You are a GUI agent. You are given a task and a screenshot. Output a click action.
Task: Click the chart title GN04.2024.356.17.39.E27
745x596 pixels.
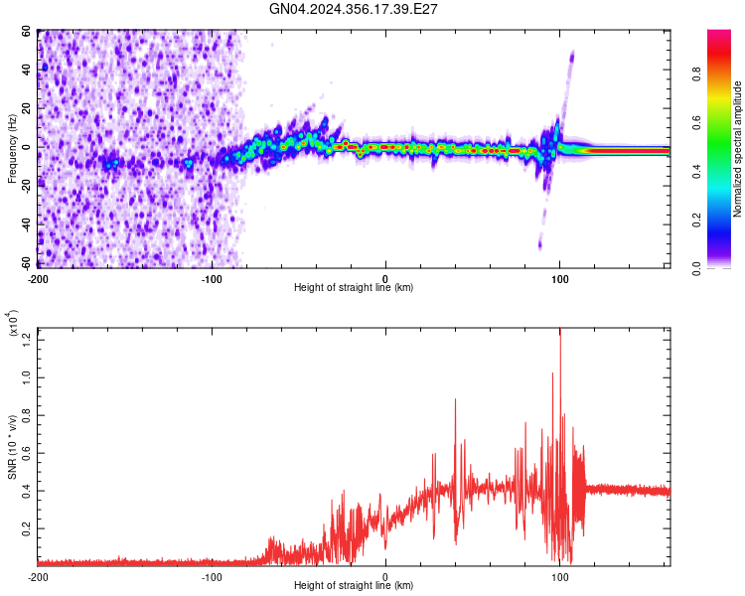tap(354, 9)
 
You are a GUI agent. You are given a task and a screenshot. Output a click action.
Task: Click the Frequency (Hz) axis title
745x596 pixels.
tap(12, 149)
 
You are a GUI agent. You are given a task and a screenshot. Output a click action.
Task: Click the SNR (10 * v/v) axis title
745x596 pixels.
tap(12, 447)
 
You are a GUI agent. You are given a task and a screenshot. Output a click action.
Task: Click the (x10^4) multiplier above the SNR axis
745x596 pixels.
tap(13, 324)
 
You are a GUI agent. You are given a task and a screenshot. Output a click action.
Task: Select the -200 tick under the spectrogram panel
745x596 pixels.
tap(39, 279)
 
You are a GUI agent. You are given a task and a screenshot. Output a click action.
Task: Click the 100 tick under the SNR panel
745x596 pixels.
tap(559, 575)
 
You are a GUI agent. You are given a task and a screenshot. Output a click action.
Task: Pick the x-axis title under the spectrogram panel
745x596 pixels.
tap(354, 288)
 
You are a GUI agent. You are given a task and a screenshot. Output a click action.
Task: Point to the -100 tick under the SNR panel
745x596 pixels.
tap(212, 575)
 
